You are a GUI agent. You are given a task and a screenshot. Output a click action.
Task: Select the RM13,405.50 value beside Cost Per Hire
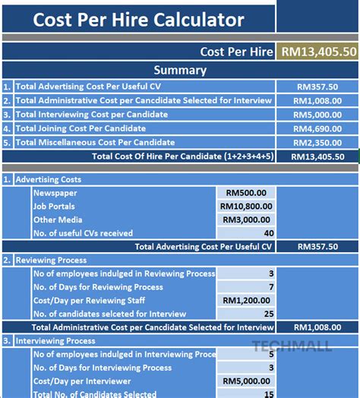click(318, 52)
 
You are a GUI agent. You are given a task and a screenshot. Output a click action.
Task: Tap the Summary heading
click(179, 70)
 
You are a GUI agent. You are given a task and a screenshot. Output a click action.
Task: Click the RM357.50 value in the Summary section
click(318, 87)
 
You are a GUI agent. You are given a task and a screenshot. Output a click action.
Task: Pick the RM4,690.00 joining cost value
click(317, 128)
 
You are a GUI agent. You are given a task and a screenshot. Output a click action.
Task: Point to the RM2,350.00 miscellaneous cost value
click(317, 142)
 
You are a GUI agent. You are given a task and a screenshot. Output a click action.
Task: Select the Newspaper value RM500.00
click(248, 193)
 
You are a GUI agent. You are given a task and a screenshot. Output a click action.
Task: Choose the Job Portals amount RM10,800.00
click(248, 206)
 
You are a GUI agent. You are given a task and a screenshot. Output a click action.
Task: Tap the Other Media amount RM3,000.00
click(248, 220)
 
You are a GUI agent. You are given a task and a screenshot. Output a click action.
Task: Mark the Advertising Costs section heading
click(48, 179)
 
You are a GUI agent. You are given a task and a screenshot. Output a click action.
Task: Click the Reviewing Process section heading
click(50, 260)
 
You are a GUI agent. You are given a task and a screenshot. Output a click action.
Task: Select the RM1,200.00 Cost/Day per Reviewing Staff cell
click(248, 300)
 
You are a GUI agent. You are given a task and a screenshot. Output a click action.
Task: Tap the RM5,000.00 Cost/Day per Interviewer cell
click(248, 381)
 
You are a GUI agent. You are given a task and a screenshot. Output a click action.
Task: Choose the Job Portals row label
click(54, 207)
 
